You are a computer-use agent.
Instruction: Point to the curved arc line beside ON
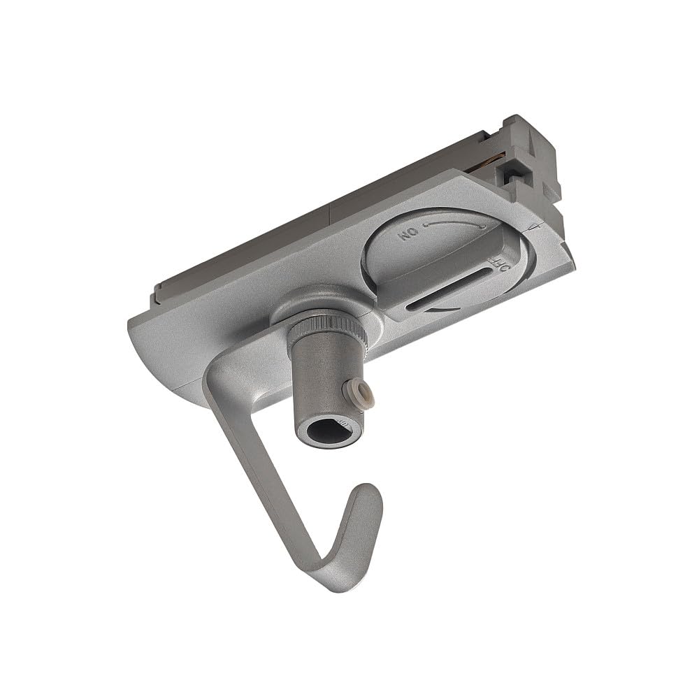[x=454, y=224]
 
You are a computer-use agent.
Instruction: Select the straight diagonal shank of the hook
[x=266, y=461]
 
